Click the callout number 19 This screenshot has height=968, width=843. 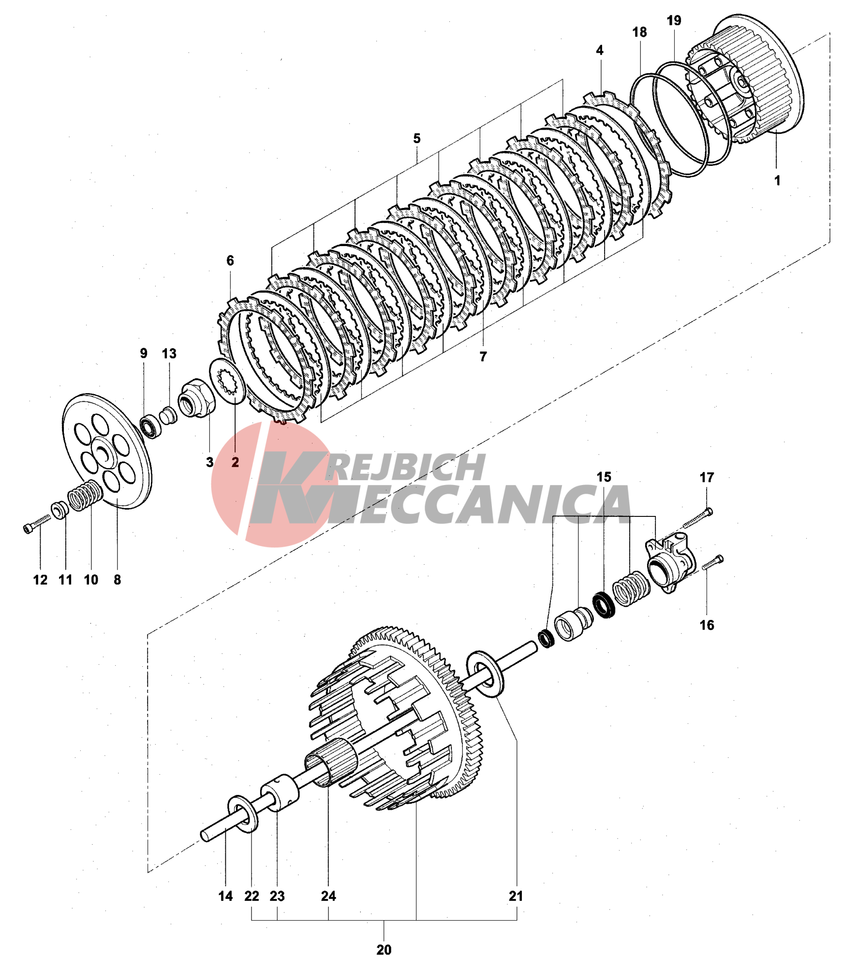click(x=673, y=21)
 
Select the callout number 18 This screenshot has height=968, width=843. click(x=639, y=32)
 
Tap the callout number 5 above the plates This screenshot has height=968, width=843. click(x=416, y=139)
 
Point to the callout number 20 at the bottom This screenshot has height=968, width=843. click(x=384, y=950)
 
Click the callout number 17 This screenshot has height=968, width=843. click(x=707, y=478)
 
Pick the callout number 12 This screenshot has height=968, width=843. click(x=40, y=580)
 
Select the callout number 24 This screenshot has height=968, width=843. click(x=328, y=896)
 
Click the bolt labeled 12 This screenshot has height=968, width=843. click(x=36, y=524)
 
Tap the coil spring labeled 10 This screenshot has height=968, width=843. click(x=85, y=496)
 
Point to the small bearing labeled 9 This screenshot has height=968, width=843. click(x=151, y=426)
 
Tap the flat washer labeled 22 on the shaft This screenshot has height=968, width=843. click(x=243, y=814)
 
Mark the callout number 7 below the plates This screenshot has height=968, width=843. click(x=483, y=356)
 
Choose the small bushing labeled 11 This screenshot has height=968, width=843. click(x=60, y=510)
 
